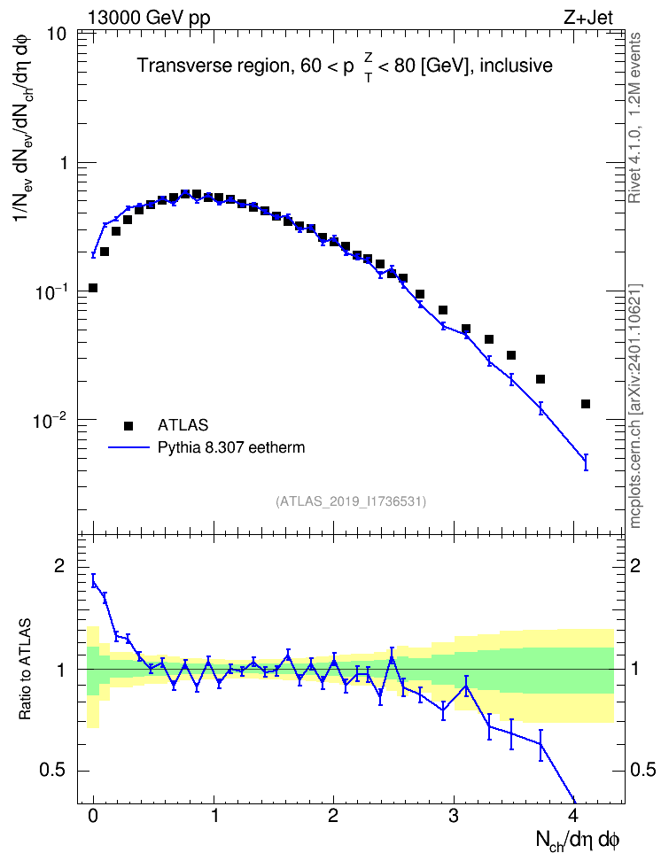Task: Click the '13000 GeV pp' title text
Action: point(149,18)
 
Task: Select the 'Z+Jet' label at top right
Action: point(588,18)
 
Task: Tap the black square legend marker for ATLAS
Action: point(128,425)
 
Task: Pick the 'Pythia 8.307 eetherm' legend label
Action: point(231,447)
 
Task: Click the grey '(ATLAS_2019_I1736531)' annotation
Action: point(351,501)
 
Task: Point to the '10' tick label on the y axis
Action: point(56,34)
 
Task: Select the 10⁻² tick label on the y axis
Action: point(51,420)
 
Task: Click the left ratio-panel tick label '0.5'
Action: point(52,771)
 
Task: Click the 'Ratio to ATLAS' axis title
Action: point(25,669)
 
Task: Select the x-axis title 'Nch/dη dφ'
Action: point(578,841)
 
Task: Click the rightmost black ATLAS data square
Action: point(586,404)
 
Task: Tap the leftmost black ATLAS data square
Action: point(93,288)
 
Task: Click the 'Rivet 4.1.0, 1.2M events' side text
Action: point(634,118)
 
